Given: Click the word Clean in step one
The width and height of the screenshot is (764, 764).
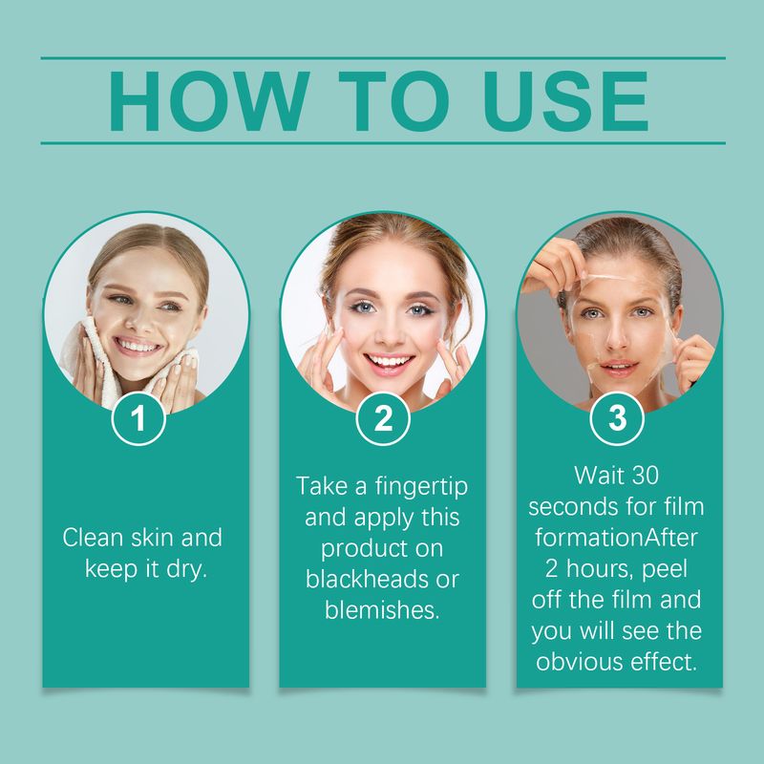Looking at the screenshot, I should pyautogui.click(x=93, y=538).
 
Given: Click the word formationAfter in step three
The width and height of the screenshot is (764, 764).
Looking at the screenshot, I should pyautogui.click(x=617, y=537).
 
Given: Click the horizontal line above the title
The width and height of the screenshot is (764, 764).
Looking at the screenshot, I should pyautogui.click(x=382, y=58).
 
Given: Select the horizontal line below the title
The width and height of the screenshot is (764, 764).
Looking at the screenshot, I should pyautogui.click(x=382, y=143).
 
